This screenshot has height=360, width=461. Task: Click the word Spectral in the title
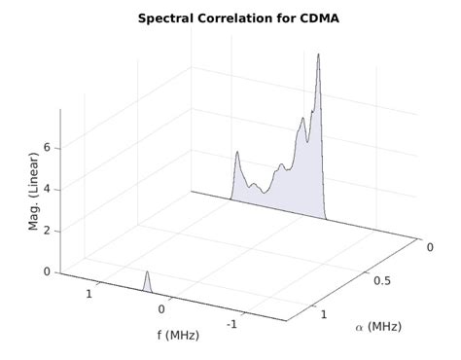click(168, 18)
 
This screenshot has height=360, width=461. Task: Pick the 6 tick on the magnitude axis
click(46, 148)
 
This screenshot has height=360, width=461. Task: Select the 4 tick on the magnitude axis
click(46, 190)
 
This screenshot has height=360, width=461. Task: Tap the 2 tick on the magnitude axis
click(46, 232)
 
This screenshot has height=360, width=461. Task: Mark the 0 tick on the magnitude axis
click(46, 272)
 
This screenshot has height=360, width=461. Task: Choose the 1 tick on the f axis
click(89, 293)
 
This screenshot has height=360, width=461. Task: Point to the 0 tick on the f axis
click(161, 308)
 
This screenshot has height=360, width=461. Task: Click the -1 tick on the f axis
click(231, 325)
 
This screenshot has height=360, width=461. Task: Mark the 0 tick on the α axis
click(430, 247)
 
